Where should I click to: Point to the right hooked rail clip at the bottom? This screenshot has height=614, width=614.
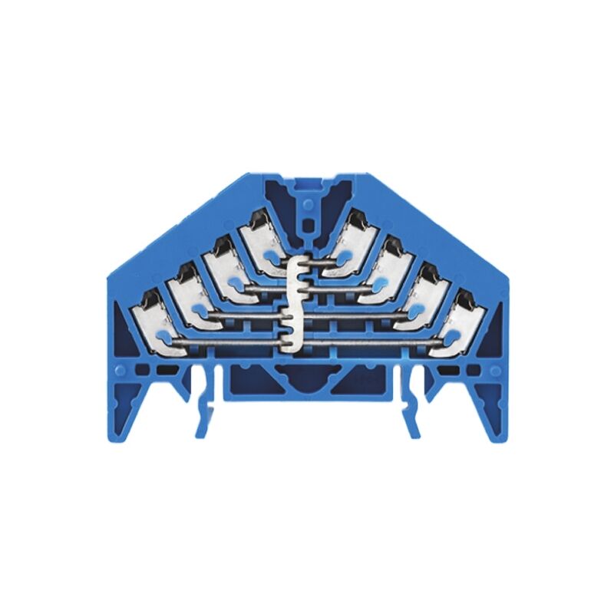pos(411,407)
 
